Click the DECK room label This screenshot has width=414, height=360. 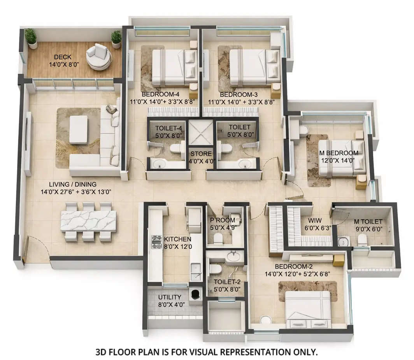[x=62, y=57]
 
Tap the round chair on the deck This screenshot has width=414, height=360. [x=99, y=56]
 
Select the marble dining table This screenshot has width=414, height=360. [x=88, y=221]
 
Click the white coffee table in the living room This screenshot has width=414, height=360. [x=78, y=129]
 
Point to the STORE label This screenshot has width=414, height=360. [x=201, y=154]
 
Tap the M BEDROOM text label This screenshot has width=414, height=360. [x=338, y=153]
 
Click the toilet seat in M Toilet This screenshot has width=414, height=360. [x=362, y=239]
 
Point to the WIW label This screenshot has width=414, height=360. [x=310, y=221]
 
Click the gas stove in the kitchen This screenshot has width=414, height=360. [x=156, y=242]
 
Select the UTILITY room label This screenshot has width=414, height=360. [x=169, y=297]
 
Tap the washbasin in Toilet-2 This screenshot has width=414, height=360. [x=233, y=256]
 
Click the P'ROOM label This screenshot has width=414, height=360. [x=223, y=220]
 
